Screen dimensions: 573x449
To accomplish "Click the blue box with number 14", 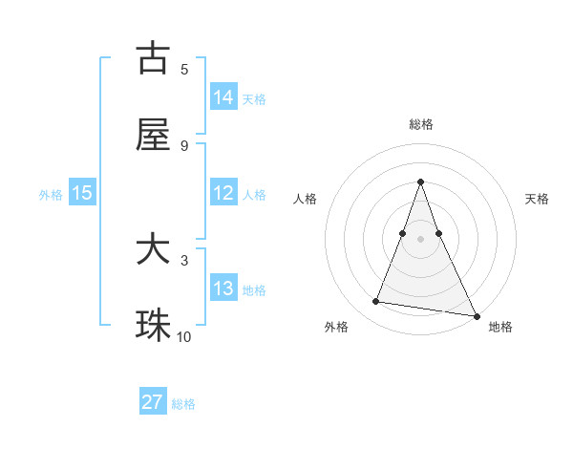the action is click(x=223, y=96).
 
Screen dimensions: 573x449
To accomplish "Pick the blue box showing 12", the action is click(x=223, y=193).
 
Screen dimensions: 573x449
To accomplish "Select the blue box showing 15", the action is click(x=82, y=193).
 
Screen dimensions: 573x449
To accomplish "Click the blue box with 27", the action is click(x=153, y=402).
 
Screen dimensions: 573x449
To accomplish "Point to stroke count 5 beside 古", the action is click(x=184, y=70).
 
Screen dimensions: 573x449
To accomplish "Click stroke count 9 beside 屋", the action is click(x=184, y=146).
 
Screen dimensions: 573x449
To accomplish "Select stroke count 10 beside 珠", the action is click(x=184, y=337).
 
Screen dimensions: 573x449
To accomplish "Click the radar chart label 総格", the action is click(x=421, y=124).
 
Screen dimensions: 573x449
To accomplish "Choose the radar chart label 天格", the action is click(x=537, y=199).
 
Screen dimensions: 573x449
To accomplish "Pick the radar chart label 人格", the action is click(x=306, y=199).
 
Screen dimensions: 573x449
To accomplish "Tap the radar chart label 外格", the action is click(x=336, y=328).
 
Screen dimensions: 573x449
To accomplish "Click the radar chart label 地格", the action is click(x=500, y=328).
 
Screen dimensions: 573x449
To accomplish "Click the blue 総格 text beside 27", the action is click(x=183, y=404).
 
